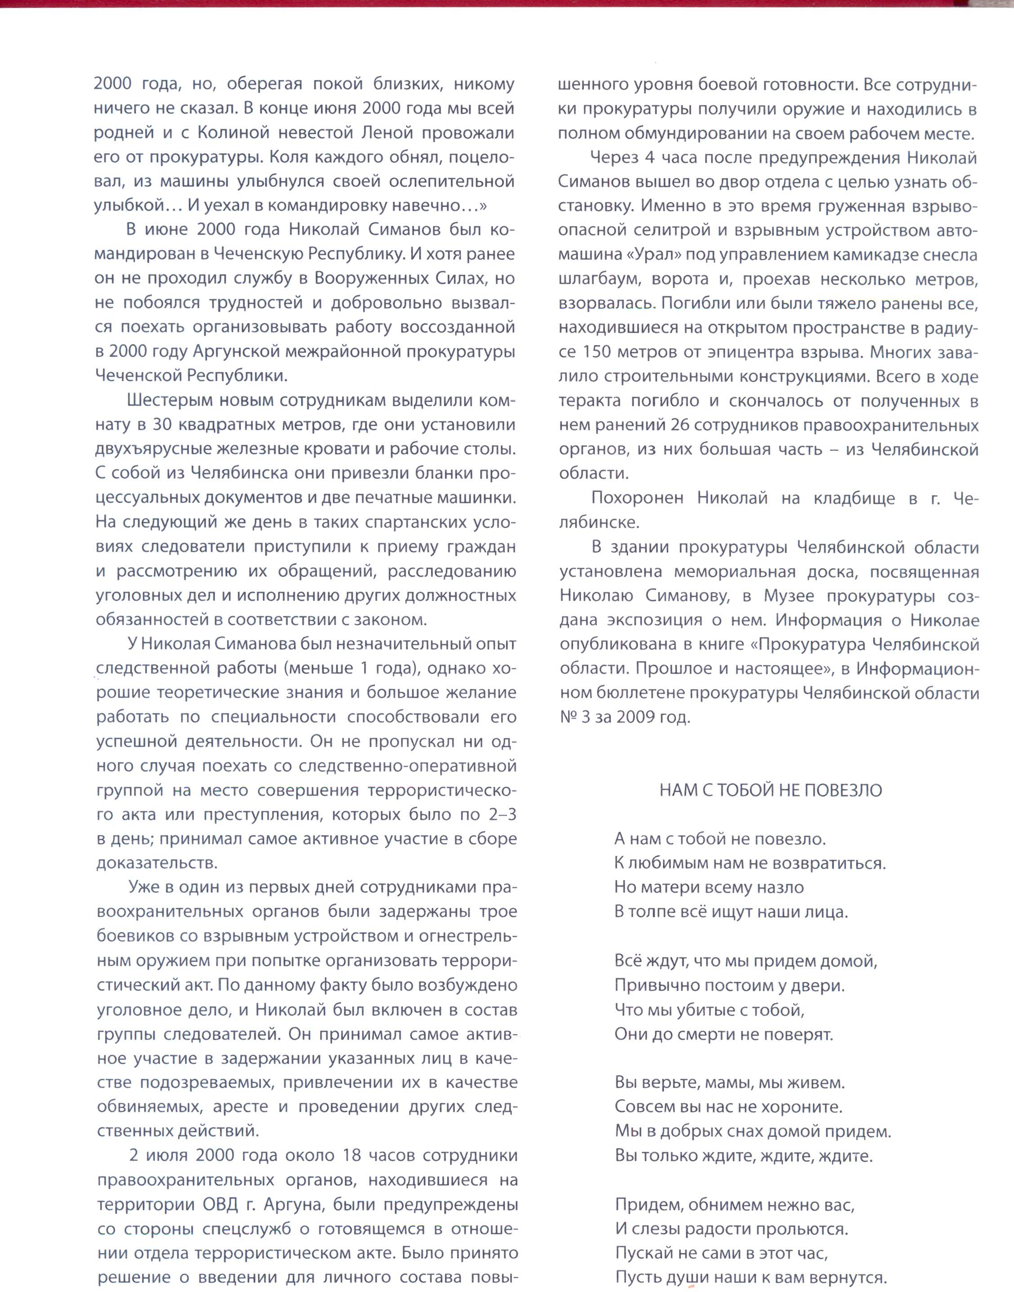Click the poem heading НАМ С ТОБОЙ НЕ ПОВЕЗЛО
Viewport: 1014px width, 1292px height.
click(771, 790)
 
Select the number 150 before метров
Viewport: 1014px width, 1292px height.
click(601, 352)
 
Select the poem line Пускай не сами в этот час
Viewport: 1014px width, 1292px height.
click(721, 1253)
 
